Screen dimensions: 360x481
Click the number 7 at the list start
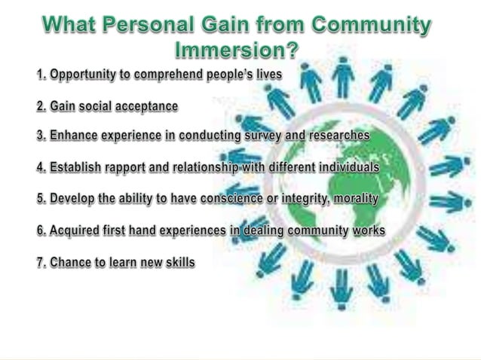[x=39, y=262]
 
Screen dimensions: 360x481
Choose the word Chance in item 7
[x=71, y=262]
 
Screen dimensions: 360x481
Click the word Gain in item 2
[x=65, y=106]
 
